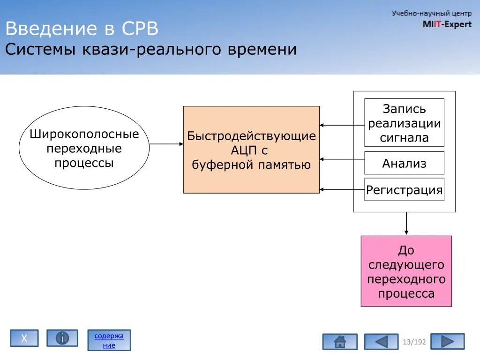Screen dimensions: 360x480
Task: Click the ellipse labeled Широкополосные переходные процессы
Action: pyautogui.click(x=84, y=148)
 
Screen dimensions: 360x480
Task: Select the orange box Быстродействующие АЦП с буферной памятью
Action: pyautogui.click(x=251, y=150)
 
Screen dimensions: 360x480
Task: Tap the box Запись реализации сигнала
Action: pyautogui.click(x=404, y=123)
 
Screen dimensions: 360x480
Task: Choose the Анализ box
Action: pyautogui.click(x=404, y=163)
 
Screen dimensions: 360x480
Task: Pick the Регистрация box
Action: pyautogui.click(x=404, y=189)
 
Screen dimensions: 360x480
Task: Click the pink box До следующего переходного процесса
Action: pyautogui.click(x=406, y=271)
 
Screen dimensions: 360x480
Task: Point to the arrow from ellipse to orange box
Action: pyautogui.click(x=166, y=144)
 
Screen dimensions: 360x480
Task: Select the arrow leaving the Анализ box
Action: pyautogui.click(x=342, y=159)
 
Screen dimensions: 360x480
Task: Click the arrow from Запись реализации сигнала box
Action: pyautogui.click(x=342, y=125)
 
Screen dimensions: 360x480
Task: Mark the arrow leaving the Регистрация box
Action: pyautogui.click(x=342, y=189)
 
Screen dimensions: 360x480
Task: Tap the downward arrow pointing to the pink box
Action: pyautogui.click(x=406, y=224)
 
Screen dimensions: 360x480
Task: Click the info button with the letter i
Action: pyautogui.click(x=62, y=338)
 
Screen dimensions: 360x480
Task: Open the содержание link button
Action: pyautogui.click(x=109, y=340)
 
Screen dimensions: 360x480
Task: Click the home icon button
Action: pyautogui.click(x=339, y=342)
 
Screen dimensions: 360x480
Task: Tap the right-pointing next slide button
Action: pyautogui.click(x=447, y=341)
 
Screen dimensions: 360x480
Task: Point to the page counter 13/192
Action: pyautogui.click(x=414, y=342)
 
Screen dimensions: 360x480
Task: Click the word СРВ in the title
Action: pyautogui.click(x=140, y=29)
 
